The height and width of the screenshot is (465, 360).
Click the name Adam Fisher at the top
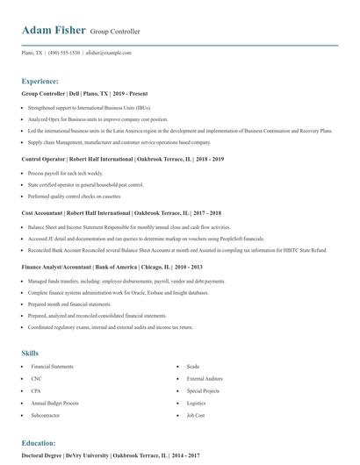tap(54, 31)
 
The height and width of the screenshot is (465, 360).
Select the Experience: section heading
tap(40, 80)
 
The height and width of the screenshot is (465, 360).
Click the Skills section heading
tap(30, 353)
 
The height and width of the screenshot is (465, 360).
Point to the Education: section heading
tap(39, 443)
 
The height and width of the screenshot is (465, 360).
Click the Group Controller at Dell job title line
tap(76, 93)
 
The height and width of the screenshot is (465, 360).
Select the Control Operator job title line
tap(122, 160)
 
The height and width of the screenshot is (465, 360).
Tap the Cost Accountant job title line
tap(121, 213)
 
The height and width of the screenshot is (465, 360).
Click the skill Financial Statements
tap(53, 366)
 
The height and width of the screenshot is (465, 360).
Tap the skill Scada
tap(193, 366)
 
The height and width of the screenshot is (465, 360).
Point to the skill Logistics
tap(196, 403)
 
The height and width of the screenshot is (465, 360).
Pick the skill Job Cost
tap(196, 415)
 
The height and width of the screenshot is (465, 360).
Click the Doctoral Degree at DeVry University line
tap(111, 456)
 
